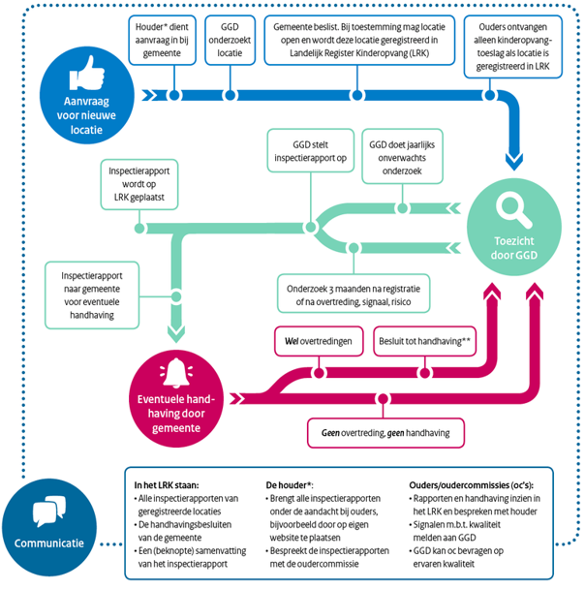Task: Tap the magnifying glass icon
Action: click(x=509, y=205)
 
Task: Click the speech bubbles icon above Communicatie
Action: click(x=48, y=511)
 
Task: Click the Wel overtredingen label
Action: click(x=319, y=341)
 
